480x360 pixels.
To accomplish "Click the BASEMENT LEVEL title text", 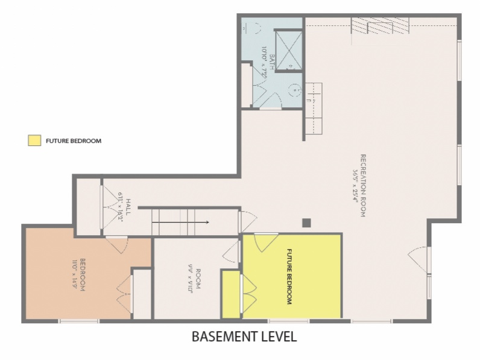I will tap(244, 336).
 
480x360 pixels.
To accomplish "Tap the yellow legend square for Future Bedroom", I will tap(34, 141).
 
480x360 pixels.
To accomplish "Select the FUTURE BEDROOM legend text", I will tap(74, 141).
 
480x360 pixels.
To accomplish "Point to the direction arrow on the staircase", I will tap(180, 223).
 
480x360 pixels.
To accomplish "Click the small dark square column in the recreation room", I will tap(306, 223).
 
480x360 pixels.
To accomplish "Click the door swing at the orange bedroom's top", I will tap(116, 244).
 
